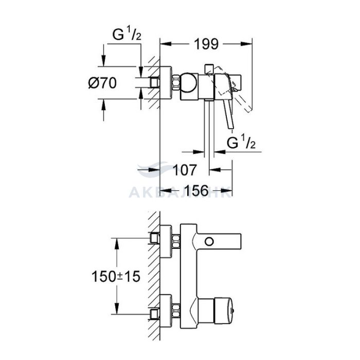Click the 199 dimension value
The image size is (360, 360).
(206, 44)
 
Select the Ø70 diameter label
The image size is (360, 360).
(102, 83)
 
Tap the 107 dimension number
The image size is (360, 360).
(185, 170)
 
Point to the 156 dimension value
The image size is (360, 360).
(196, 190)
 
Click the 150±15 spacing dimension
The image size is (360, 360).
(116, 276)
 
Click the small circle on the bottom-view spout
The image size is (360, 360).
(209, 242)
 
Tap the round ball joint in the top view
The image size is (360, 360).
(188, 83)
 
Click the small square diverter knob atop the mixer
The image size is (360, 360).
(209, 68)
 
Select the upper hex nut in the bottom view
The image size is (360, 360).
(176, 242)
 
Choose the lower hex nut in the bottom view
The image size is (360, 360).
(176, 311)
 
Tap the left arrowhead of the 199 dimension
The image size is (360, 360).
(166, 44)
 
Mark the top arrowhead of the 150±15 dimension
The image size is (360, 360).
(117, 244)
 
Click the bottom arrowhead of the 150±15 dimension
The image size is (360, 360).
(117, 309)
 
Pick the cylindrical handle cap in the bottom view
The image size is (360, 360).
(223, 311)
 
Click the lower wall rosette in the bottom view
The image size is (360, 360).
(166, 311)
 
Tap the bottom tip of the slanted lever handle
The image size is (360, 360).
(231, 129)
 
